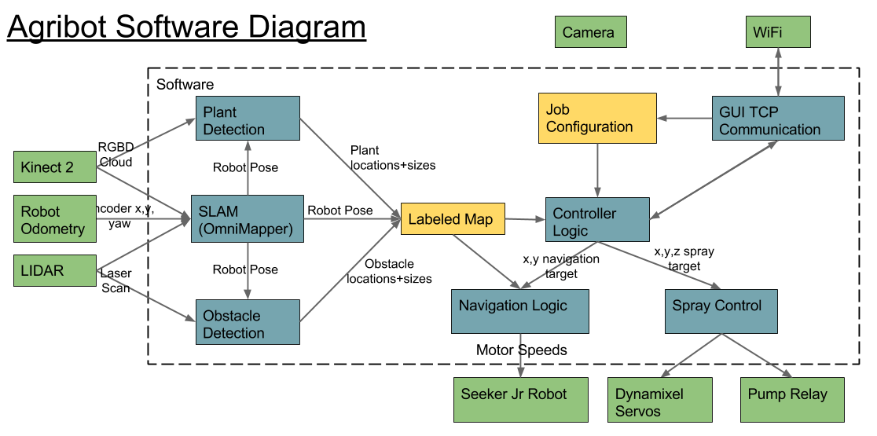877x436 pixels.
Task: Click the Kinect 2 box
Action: [55, 167]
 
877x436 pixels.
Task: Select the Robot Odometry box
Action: [55, 219]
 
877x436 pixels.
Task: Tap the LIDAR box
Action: [55, 270]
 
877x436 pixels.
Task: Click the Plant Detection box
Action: [248, 119]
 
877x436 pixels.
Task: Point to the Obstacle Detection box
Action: [248, 322]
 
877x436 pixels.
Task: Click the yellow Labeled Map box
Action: [452, 219]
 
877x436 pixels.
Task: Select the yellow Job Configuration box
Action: [597, 118]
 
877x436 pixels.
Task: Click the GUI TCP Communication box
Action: [778, 119]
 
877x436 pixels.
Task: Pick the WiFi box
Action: [777, 33]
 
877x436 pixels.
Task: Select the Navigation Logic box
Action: [520, 310]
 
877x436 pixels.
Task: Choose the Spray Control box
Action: [721, 310]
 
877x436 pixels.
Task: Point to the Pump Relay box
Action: [792, 399]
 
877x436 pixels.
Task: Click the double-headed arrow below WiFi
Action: [778, 71]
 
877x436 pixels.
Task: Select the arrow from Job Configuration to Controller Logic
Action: [597, 170]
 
